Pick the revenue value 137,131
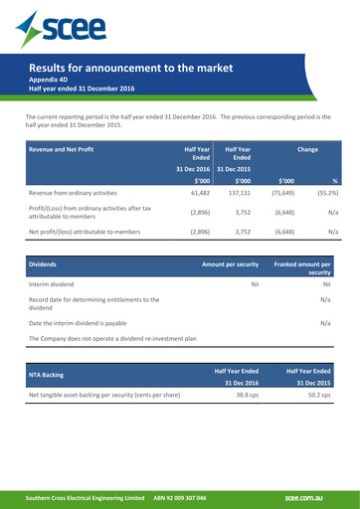(x=235, y=192)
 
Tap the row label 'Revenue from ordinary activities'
(x=80, y=192)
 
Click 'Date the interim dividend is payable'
(x=91, y=323)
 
